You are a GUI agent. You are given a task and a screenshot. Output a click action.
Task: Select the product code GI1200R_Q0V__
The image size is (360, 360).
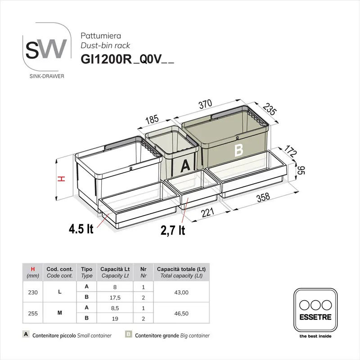(127, 59)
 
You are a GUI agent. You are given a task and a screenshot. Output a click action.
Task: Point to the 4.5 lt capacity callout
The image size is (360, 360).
(81, 229)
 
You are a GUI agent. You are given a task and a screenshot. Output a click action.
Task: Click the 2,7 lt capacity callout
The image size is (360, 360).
(173, 230)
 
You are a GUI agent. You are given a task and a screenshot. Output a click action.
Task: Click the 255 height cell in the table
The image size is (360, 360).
(33, 313)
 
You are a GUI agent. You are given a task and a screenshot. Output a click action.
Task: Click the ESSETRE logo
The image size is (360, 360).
(315, 310)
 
